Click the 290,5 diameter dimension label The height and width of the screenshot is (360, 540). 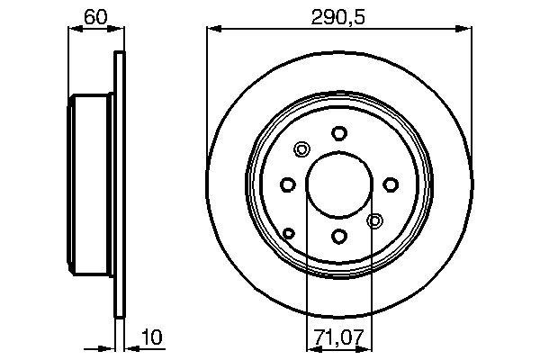click(x=338, y=17)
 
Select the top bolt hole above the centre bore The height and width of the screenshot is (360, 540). click(x=338, y=132)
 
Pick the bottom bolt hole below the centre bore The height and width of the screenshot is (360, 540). click(x=338, y=236)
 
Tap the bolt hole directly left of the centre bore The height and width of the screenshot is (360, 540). click(x=287, y=184)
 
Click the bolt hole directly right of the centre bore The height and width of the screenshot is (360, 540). click(x=391, y=184)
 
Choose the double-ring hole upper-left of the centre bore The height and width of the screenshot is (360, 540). click(x=301, y=149)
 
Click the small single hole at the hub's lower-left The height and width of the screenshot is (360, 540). click(x=289, y=234)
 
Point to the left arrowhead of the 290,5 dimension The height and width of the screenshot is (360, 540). click(x=212, y=29)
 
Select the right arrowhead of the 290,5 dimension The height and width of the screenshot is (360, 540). click(x=465, y=29)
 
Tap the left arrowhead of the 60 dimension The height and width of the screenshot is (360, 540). click(x=74, y=29)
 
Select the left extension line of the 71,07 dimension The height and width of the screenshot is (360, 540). click(x=307, y=270)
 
